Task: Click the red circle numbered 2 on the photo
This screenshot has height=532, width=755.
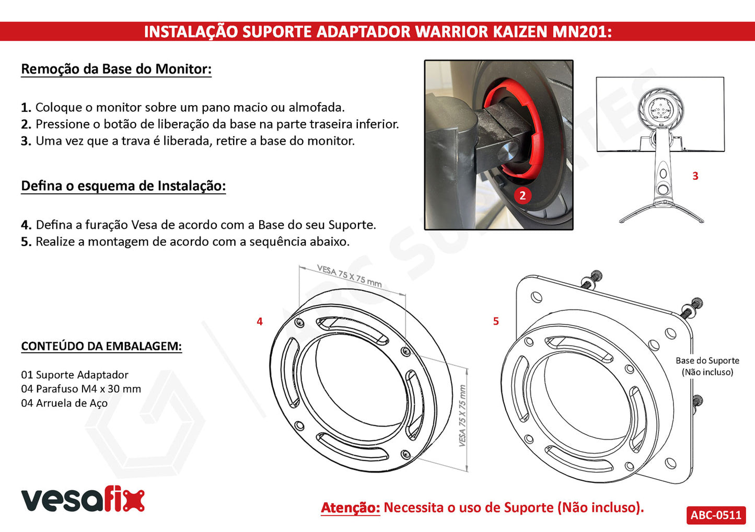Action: (x=522, y=195)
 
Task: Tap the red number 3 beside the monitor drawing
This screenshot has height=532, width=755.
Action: (x=695, y=176)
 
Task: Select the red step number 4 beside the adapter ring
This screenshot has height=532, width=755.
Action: (x=260, y=321)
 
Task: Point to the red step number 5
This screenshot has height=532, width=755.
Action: (x=496, y=321)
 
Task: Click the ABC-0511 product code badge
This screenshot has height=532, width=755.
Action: (x=716, y=515)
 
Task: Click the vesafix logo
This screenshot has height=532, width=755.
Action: (x=83, y=499)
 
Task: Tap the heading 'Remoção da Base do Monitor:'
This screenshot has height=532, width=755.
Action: (x=117, y=69)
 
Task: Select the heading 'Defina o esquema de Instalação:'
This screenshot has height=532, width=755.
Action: (x=123, y=186)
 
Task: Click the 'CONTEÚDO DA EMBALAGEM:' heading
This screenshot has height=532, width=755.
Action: (x=101, y=346)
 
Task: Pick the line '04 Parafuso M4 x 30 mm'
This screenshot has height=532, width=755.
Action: (x=81, y=389)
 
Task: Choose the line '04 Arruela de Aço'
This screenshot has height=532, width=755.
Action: (x=64, y=403)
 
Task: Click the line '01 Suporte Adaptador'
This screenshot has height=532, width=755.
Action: (x=75, y=375)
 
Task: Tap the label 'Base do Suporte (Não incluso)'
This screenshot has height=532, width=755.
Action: (x=707, y=366)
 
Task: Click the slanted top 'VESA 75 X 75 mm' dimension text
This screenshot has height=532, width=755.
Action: (x=349, y=275)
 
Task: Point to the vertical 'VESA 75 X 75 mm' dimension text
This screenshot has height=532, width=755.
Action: (x=462, y=415)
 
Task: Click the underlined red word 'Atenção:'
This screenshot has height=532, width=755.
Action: (x=351, y=507)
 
